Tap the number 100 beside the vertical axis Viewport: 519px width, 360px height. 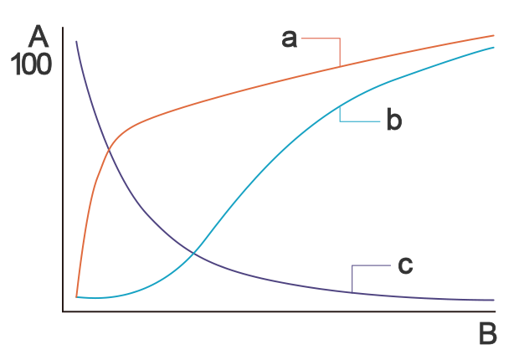pyautogui.click(x=31, y=65)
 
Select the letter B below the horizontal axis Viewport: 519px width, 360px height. pyautogui.click(x=487, y=334)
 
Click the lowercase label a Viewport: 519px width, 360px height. pyautogui.click(x=290, y=39)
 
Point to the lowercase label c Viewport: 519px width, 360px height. pyautogui.click(x=405, y=265)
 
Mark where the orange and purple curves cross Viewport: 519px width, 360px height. pyautogui.click(x=109, y=151)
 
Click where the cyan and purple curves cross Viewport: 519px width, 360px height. pyautogui.click(x=194, y=254)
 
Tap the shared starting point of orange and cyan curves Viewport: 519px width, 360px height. pyautogui.click(x=76, y=296)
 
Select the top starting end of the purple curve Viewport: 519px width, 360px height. pyautogui.click(x=76, y=41)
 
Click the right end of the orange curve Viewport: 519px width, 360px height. pyautogui.click(x=494, y=35)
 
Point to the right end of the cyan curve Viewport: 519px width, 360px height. pyautogui.click(x=494, y=48)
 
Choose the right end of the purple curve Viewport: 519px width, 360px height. pyautogui.click(x=494, y=300)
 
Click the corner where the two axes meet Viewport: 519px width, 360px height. pyautogui.click(x=63, y=311)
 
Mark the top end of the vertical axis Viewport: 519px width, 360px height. pyautogui.click(x=63, y=28)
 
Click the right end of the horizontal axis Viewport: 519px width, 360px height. pyautogui.click(x=496, y=311)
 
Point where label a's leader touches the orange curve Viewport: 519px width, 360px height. pyautogui.click(x=340, y=67)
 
